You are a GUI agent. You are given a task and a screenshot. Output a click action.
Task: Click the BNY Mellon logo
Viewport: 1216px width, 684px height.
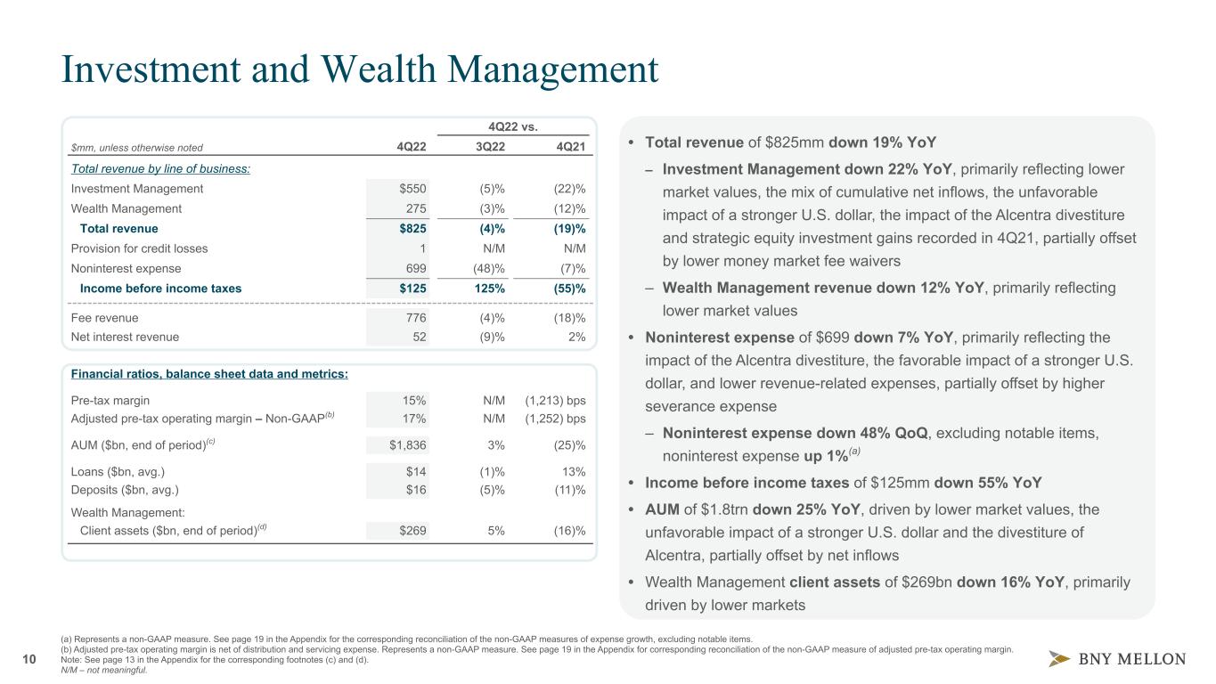[x=1116, y=659]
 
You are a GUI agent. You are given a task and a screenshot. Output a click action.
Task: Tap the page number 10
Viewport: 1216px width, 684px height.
[x=29, y=659]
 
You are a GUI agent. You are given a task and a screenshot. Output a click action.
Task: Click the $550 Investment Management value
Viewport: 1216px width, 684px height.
[x=412, y=189]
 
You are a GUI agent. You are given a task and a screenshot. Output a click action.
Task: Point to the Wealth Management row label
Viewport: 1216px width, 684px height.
[x=126, y=208]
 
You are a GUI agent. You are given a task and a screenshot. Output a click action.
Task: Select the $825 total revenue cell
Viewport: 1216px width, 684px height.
[x=411, y=229]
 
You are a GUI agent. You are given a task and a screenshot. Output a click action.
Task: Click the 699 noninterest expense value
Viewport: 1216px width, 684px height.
[x=415, y=268]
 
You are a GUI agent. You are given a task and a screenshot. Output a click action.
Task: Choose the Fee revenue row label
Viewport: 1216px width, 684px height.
[x=104, y=317]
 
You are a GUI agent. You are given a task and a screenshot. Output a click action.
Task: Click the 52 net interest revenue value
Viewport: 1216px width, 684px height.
[x=419, y=337]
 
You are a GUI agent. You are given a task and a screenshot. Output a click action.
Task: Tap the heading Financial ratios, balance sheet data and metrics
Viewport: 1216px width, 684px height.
[x=209, y=373]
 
